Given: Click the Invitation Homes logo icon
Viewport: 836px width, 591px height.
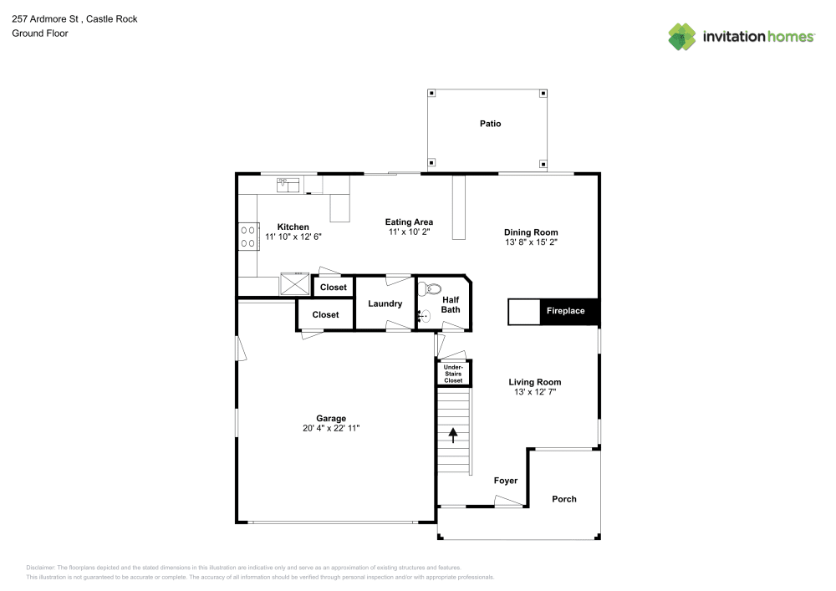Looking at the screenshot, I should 682,37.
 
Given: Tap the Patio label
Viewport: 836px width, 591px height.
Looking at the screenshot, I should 490,124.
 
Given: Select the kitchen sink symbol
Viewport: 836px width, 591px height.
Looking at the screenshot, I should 288,183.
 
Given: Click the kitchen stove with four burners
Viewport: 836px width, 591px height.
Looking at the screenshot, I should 247,235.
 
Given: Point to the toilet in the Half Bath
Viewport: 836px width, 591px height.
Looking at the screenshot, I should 431,289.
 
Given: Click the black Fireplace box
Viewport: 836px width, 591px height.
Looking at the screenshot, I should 565,311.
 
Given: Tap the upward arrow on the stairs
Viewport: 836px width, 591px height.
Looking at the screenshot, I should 453,436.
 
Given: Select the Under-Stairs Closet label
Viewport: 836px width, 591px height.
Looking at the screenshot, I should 453,374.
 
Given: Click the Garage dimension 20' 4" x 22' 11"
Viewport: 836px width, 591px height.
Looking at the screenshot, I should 331,428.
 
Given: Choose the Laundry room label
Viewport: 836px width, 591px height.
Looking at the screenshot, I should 385,303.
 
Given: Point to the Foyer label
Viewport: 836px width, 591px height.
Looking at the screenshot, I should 506,481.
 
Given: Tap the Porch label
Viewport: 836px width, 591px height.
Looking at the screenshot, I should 564,499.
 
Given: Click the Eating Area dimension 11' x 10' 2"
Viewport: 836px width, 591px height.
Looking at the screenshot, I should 409,232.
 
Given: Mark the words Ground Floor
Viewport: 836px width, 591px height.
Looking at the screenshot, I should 39,33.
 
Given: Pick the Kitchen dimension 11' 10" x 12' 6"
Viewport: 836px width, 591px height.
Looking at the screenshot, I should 293,237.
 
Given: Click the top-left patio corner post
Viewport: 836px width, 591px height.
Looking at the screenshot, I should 431,94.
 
